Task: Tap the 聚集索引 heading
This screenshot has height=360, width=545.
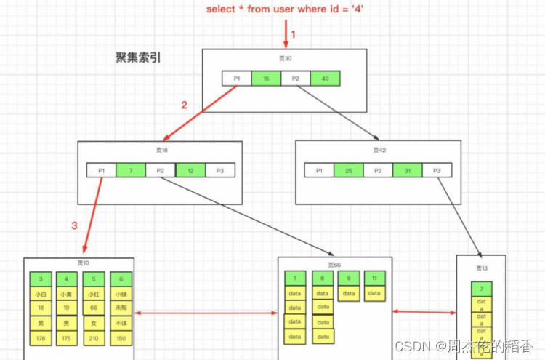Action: click(x=138, y=58)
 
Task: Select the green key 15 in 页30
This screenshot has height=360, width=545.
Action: click(x=266, y=79)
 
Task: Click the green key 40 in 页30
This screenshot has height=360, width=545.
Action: click(x=325, y=79)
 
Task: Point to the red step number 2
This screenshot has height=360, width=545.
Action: click(x=184, y=105)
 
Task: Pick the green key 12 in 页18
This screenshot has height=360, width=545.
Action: click(x=190, y=170)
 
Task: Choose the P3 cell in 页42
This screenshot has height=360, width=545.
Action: click(x=437, y=170)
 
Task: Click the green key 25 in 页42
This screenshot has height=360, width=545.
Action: click(x=348, y=170)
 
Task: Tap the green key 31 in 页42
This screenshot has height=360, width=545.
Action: click(x=407, y=170)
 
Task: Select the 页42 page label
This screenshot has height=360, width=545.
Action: click(x=379, y=150)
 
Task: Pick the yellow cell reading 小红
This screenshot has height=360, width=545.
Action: click(x=94, y=295)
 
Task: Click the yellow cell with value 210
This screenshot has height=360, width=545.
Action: click(x=94, y=338)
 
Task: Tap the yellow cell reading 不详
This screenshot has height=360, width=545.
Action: click(x=121, y=324)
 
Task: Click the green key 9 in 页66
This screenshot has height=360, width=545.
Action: click(x=349, y=278)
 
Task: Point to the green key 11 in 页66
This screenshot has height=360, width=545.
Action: click(x=375, y=278)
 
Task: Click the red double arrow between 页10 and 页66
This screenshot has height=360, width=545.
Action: click(x=208, y=313)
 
